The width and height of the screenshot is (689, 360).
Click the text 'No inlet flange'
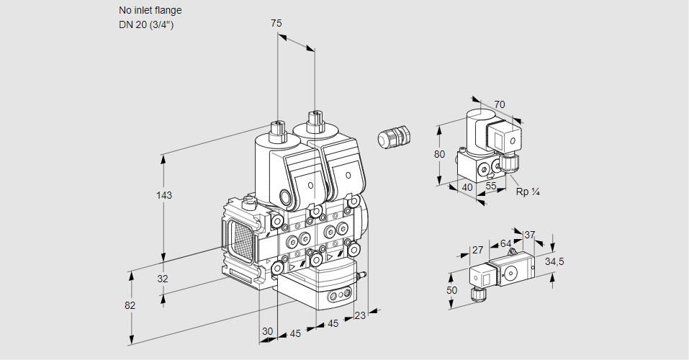point(150,11)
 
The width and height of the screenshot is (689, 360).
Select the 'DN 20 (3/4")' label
point(146,24)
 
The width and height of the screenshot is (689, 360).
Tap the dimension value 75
point(276,23)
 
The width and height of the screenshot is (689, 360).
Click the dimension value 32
point(163,279)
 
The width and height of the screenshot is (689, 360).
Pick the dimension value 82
point(130,305)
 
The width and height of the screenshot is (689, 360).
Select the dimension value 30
point(268,331)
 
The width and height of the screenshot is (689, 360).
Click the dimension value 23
point(360,315)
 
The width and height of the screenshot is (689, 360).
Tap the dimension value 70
point(500,104)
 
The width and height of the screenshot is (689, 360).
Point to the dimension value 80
point(441,154)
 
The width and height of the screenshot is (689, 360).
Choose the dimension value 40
point(467,187)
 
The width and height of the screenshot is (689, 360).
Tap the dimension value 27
point(477,251)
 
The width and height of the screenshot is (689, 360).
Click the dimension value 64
point(505,243)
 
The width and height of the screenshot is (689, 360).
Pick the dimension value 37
point(530,235)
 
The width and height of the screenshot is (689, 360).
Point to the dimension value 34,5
point(554,261)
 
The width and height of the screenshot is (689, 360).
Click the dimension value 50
point(451,290)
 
